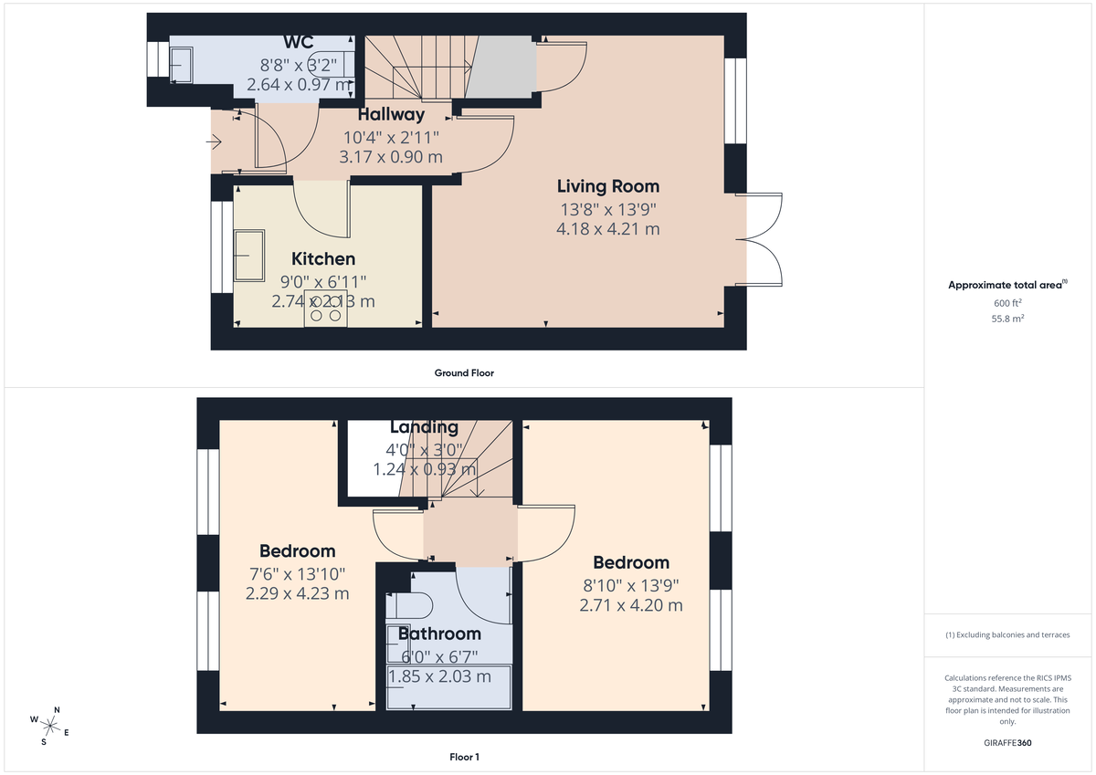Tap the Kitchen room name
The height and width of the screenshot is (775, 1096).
pos(323,259)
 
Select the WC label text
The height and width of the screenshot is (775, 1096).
pos(299,42)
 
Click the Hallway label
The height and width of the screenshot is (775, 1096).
pos(391,115)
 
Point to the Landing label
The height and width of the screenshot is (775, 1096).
pos(424,427)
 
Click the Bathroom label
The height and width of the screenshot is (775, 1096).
pos(439,634)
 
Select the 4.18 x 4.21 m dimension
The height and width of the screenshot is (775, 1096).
pos(607,229)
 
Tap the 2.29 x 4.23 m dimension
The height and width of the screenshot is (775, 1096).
pos(297,593)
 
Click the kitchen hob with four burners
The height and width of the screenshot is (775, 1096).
pos(326,308)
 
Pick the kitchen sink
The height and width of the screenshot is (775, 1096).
pos(249,255)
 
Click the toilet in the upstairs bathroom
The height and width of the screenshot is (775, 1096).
pos(416,605)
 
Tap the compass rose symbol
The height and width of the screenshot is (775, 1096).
pos(50,726)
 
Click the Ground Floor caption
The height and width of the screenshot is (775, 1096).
pos(465,372)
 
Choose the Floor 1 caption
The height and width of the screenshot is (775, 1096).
pos(464,757)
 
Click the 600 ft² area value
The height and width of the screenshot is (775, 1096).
pos(1007,303)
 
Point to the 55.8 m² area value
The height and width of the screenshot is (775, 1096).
pos(1007,319)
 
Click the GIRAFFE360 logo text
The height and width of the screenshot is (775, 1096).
pos(1007,743)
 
